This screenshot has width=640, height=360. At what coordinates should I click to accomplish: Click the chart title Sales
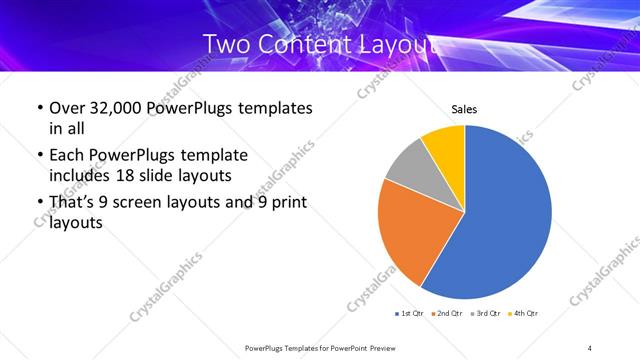point(464,109)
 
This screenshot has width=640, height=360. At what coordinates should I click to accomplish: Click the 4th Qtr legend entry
point(525,314)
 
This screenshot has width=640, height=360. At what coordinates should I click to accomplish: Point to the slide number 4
point(590,348)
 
